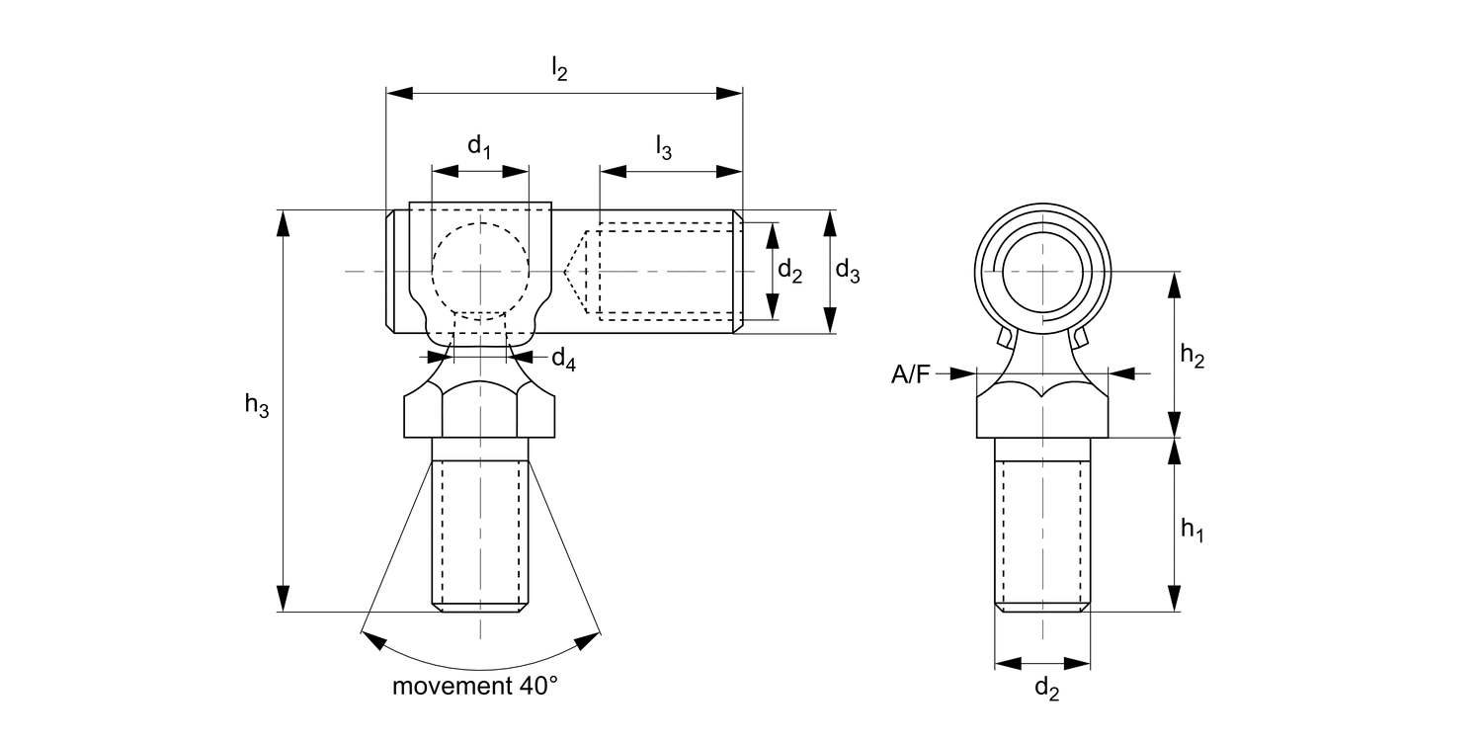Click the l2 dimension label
coord(560,69)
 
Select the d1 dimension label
coord(479,146)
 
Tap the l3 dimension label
coord(664,147)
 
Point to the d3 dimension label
coord(848,271)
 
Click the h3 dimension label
coord(257,404)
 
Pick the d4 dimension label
coord(564,360)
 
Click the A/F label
coord(910,374)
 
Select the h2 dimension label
coord(1193,356)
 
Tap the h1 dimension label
coord(1193,530)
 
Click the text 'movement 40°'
coord(475,686)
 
